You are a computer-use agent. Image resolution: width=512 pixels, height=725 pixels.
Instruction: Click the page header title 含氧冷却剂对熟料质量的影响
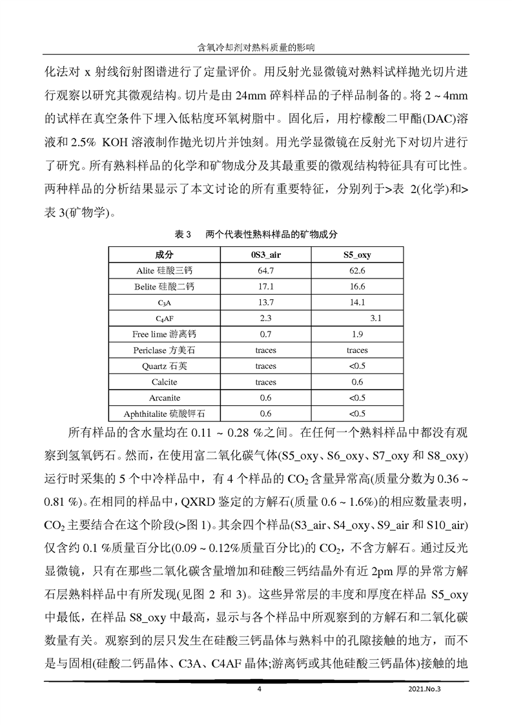point(256,47)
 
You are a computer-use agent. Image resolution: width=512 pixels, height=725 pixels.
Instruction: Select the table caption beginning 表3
point(256,234)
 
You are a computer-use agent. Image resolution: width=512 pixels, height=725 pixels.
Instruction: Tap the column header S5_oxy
point(357,255)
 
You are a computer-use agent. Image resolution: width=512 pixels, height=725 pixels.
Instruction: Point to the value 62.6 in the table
point(357,271)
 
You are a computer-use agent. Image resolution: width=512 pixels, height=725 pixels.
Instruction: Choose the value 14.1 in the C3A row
point(357,302)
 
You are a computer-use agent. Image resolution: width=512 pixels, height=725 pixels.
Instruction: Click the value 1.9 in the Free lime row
point(357,334)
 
